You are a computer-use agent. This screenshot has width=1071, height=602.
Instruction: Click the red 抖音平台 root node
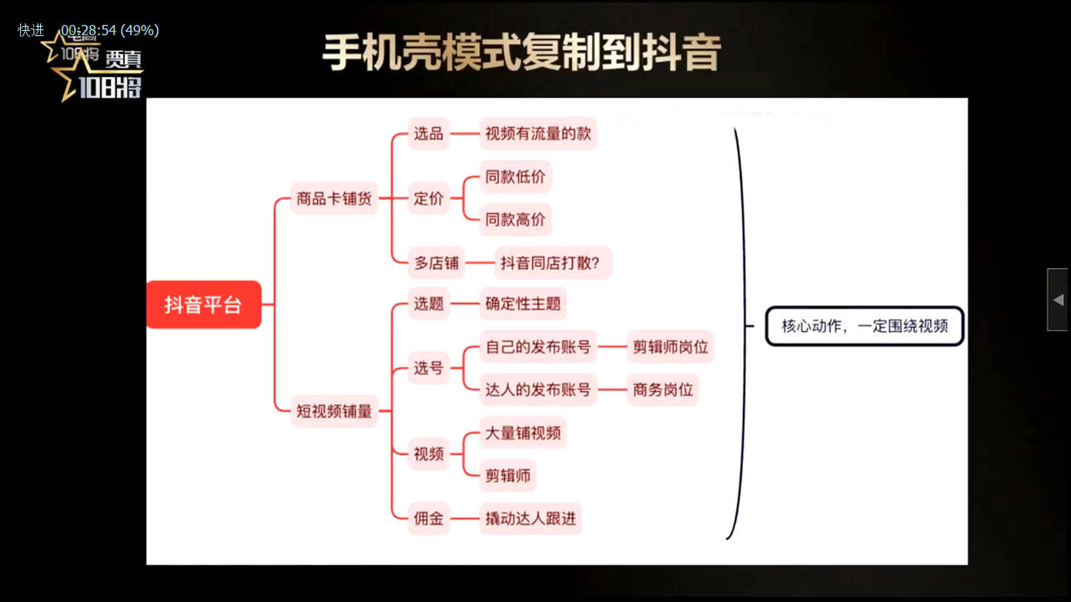(x=203, y=304)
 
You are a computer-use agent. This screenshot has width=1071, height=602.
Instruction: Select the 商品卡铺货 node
(x=333, y=199)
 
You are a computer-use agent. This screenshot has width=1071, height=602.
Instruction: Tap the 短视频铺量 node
(x=333, y=411)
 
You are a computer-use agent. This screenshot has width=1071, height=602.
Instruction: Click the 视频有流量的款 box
(x=538, y=134)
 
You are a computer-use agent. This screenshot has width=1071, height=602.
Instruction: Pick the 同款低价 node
(x=515, y=177)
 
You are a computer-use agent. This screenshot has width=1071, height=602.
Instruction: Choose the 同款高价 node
(x=515, y=219)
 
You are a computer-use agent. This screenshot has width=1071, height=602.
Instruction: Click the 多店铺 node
(x=436, y=263)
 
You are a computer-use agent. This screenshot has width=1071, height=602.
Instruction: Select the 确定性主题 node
(x=523, y=304)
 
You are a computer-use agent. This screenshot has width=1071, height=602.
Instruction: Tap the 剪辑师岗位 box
(x=670, y=346)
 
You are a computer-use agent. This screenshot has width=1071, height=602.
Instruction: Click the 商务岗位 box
(x=663, y=389)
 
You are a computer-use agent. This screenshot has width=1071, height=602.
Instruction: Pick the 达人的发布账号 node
(x=538, y=389)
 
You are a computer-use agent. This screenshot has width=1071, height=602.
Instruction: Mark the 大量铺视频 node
(x=523, y=433)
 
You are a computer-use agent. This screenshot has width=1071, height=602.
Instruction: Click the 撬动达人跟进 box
(x=530, y=518)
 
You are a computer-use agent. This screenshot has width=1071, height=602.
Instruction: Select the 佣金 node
(x=428, y=518)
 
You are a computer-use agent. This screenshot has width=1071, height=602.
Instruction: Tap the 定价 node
(x=428, y=199)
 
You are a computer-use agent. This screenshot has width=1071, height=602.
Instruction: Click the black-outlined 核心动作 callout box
(x=864, y=326)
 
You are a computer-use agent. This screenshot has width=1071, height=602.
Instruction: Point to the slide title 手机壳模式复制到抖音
(x=521, y=52)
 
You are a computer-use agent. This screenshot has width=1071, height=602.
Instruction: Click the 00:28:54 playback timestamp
(x=88, y=30)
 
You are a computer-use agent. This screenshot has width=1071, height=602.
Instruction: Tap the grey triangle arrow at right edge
(x=1058, y=300)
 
